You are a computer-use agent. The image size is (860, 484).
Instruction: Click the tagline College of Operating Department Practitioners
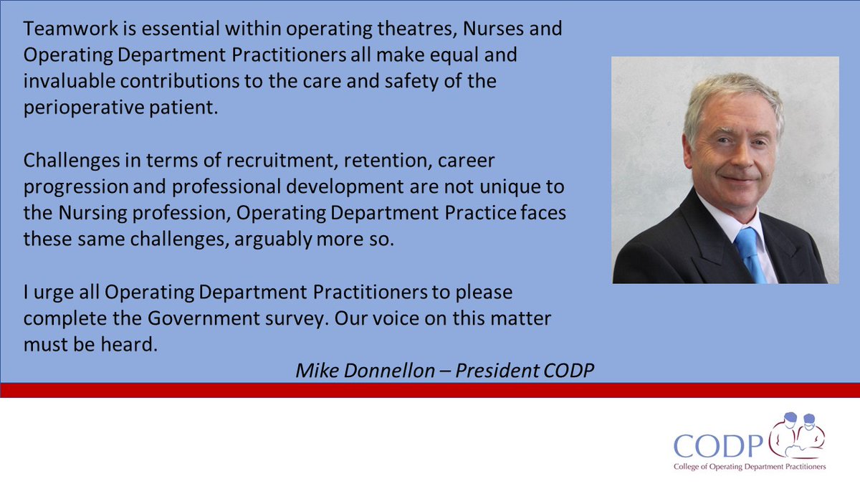[749, 466]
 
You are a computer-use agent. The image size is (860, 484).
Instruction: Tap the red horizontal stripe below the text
[430, 390]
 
